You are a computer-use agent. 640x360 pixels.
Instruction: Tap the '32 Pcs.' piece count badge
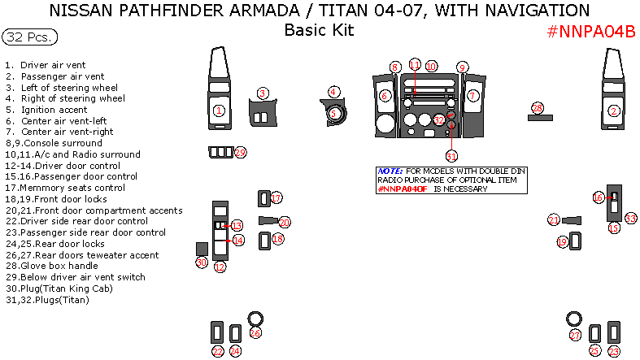pyautogui.click(x=29, y=37)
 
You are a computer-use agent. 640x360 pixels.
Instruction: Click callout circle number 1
pyautogui.click(x=218, y=110)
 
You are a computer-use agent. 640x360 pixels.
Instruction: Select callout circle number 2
pyautogui.click(x=614, y=111)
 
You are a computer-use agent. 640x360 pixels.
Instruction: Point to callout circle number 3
pyautogui.click(x=262, y=93)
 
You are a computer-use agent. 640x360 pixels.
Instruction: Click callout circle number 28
pyautogui.click(x=537, y=107)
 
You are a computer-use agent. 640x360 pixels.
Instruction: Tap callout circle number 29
pyautogui.click(x=240, y=153)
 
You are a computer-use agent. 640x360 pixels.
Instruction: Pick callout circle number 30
pyautogui.click(x=201, y=262)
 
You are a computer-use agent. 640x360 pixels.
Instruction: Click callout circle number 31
pyautogui.click(x=451, y=155)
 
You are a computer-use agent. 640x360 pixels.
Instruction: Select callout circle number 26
pyautogui.click(x=255, y=332)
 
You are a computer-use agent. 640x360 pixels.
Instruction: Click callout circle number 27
pyautogui.click(x=575, y=336)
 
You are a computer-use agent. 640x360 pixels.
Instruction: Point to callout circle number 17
pyautogui.click(x=276, y=198)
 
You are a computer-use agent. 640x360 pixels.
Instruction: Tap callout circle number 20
pyautogui.click(x=284, y=222)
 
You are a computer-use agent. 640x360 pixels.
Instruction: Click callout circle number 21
pyautogui.click(x=554, y=220)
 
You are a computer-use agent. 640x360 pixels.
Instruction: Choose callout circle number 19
pyautogui.click(x=562, y=242)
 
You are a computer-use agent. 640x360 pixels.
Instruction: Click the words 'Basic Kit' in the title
pyautogui.click(x=319, y=30)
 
